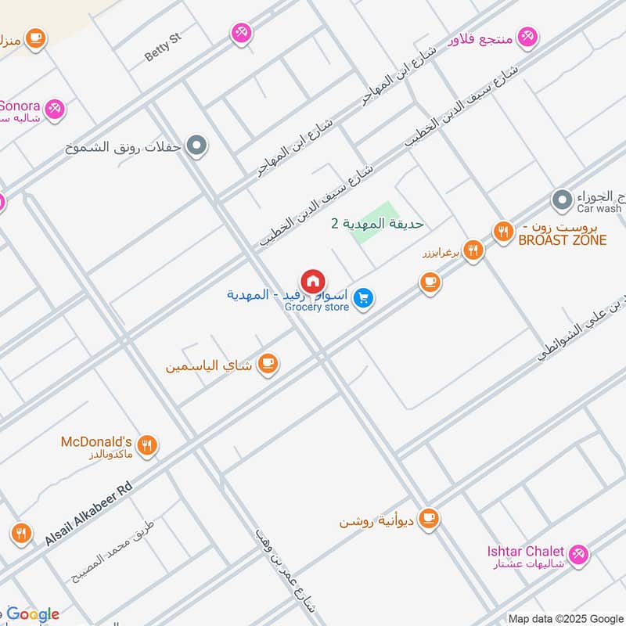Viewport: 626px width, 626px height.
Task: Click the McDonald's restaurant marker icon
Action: pyautogui.click(x=147, y=446)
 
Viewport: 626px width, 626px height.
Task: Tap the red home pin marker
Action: pyautogui.click(x=313, y=282)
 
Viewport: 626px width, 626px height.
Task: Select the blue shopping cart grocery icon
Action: pyautogui.click(x=362, y=298)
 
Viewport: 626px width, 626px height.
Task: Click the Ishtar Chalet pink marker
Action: pyautogui.click(x=578, y=554)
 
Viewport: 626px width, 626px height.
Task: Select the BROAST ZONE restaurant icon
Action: pyautogui.click(x=502, y=232)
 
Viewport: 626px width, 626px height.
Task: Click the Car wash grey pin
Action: pyautogui.click(x=561, y=200)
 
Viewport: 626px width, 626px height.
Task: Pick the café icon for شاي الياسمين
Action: pyautogui.click(x=268, y=364)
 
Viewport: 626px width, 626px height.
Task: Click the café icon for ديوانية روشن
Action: pyautogui.click(x=428, y=518)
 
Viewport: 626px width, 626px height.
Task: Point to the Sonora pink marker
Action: pyautogui.click(x=54, y=109)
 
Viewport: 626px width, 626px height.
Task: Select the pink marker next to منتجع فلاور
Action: pyautogui.click(x=529, y=36)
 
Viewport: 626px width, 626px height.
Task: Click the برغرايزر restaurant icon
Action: pyautogui.click(x=472, y=251)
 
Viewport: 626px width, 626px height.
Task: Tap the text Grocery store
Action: pyautogui.click(x=317, y=308)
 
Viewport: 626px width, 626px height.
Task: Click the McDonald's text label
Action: pyautogui.click(x=96, y=441)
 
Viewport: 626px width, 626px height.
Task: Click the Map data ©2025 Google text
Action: pyautogui.click(x=564, y=618)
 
